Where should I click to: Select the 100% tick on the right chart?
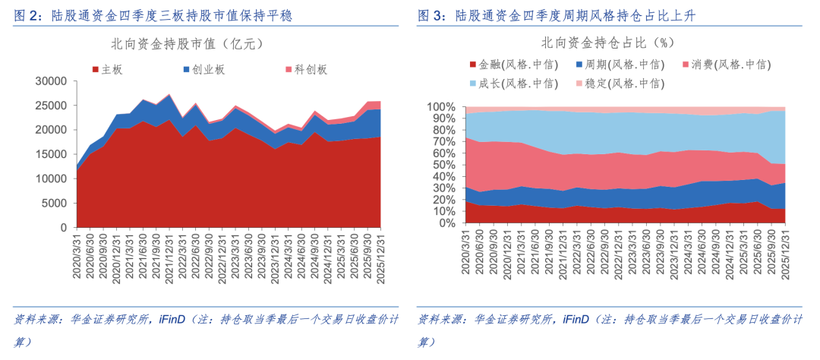[441, 107]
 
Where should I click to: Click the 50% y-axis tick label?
[443, 166]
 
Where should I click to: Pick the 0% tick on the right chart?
[446, 224]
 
